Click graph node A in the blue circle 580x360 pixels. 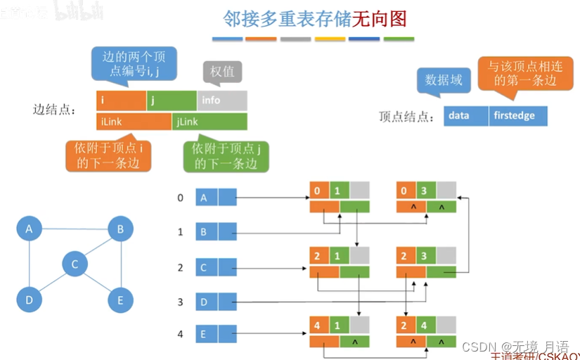tap(29, 229)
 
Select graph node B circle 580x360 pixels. tap(120, 229)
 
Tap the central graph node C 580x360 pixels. tap(75, 264)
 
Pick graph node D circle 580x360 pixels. tap(29, 300)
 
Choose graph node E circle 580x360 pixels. tap(120, 301)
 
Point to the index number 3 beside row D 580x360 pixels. tap(181, 302)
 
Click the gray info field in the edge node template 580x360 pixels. tap(221, 101)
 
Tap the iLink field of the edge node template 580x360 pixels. tap(134, 122)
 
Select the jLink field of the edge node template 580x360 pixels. tap(209, 122)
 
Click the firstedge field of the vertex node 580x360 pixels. tap(517, 116)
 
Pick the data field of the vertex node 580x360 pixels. tap(465, 116)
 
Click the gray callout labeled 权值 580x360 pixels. tap(221, 71)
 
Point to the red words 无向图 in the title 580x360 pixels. tap(379, 18)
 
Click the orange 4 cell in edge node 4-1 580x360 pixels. tap(317, 326)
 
